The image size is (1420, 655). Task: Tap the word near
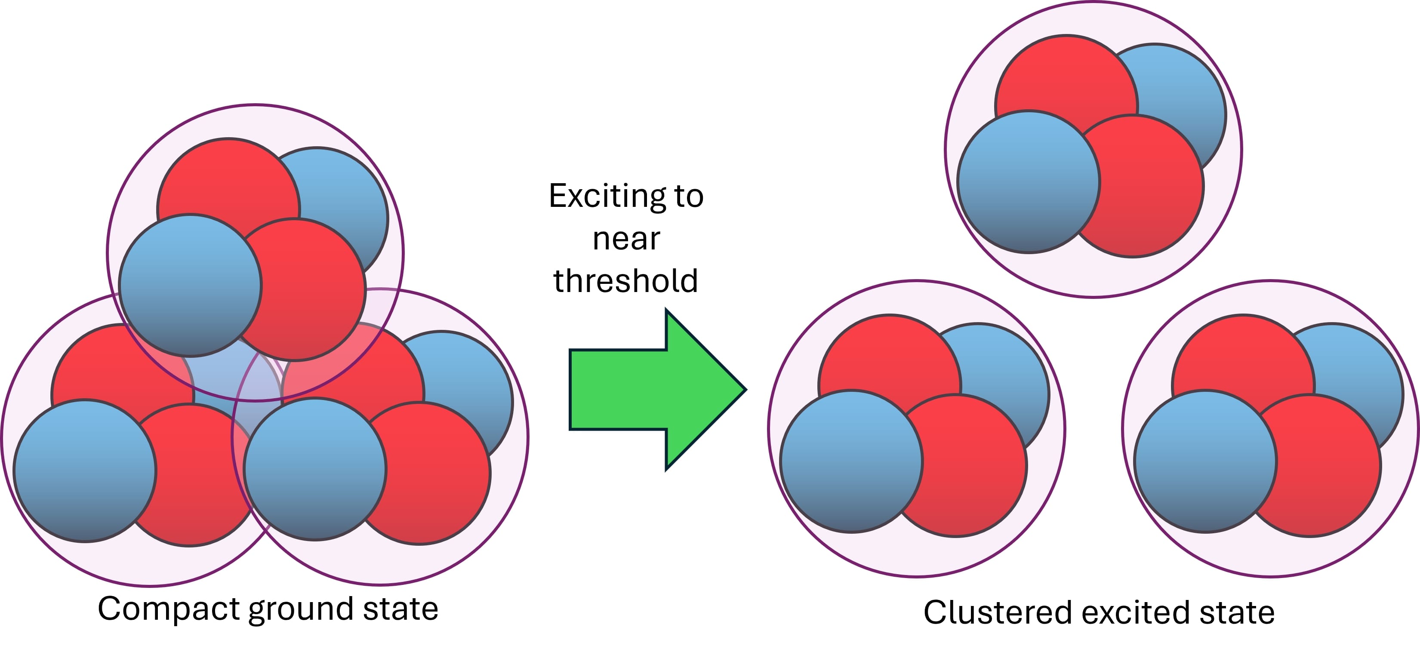pyautogui.click(x=626, y=239)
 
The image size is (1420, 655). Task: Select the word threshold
pyautogui.click(x=625, y=281)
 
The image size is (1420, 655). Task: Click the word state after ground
pyautogui.click(x=401, y=609)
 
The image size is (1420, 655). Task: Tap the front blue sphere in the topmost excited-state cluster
pyautogui.click(x=1029, y=182)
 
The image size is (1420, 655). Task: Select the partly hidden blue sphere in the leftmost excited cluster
pyautogui.click(x=1003, y=369)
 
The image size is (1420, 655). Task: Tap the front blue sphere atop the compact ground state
pyautogui.click(x=190, y=286)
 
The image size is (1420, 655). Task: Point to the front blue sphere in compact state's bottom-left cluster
pyautogui.click(x=85, y=471)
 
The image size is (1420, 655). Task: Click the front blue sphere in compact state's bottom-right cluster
pyautogui.click(x=315, y=469)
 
